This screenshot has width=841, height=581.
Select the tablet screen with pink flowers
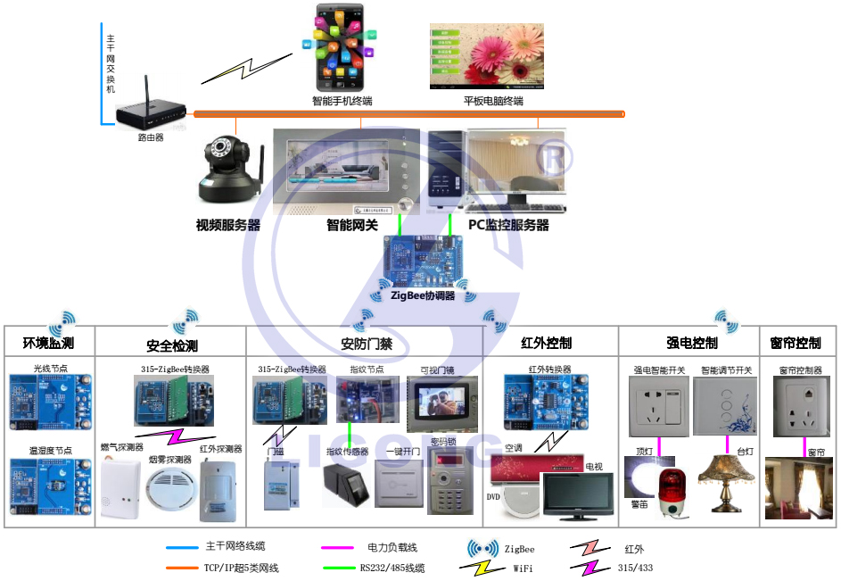point(486,56)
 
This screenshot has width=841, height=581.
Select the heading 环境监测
point(48,344)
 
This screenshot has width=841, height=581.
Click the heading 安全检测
point(171,345)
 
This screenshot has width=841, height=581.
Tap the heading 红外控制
point(546,344)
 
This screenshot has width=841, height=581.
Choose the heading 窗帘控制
point(795,344)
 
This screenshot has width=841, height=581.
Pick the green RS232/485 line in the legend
point(338,568)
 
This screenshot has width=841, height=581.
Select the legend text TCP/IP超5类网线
point(242,568)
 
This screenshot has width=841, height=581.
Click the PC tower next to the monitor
point(445,170)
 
